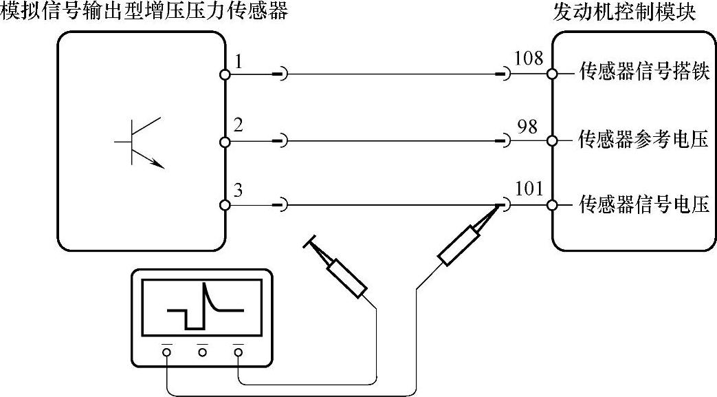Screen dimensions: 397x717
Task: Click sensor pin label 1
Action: (x=238, y=62)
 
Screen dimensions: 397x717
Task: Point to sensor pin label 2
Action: (x=238, y=126)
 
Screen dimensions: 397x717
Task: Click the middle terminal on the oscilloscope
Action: (x=202, y=352)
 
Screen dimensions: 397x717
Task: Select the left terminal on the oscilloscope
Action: (x=166, y=352)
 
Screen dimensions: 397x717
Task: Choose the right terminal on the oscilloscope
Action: (x=238, y=352)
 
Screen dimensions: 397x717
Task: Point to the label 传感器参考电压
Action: (x=644, y=140)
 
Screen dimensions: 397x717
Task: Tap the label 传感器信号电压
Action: (x=644, y=205)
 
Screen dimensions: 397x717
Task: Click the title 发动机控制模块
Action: (x=624, y=12)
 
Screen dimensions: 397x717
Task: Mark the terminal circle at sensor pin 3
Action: (x=225, y=205)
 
